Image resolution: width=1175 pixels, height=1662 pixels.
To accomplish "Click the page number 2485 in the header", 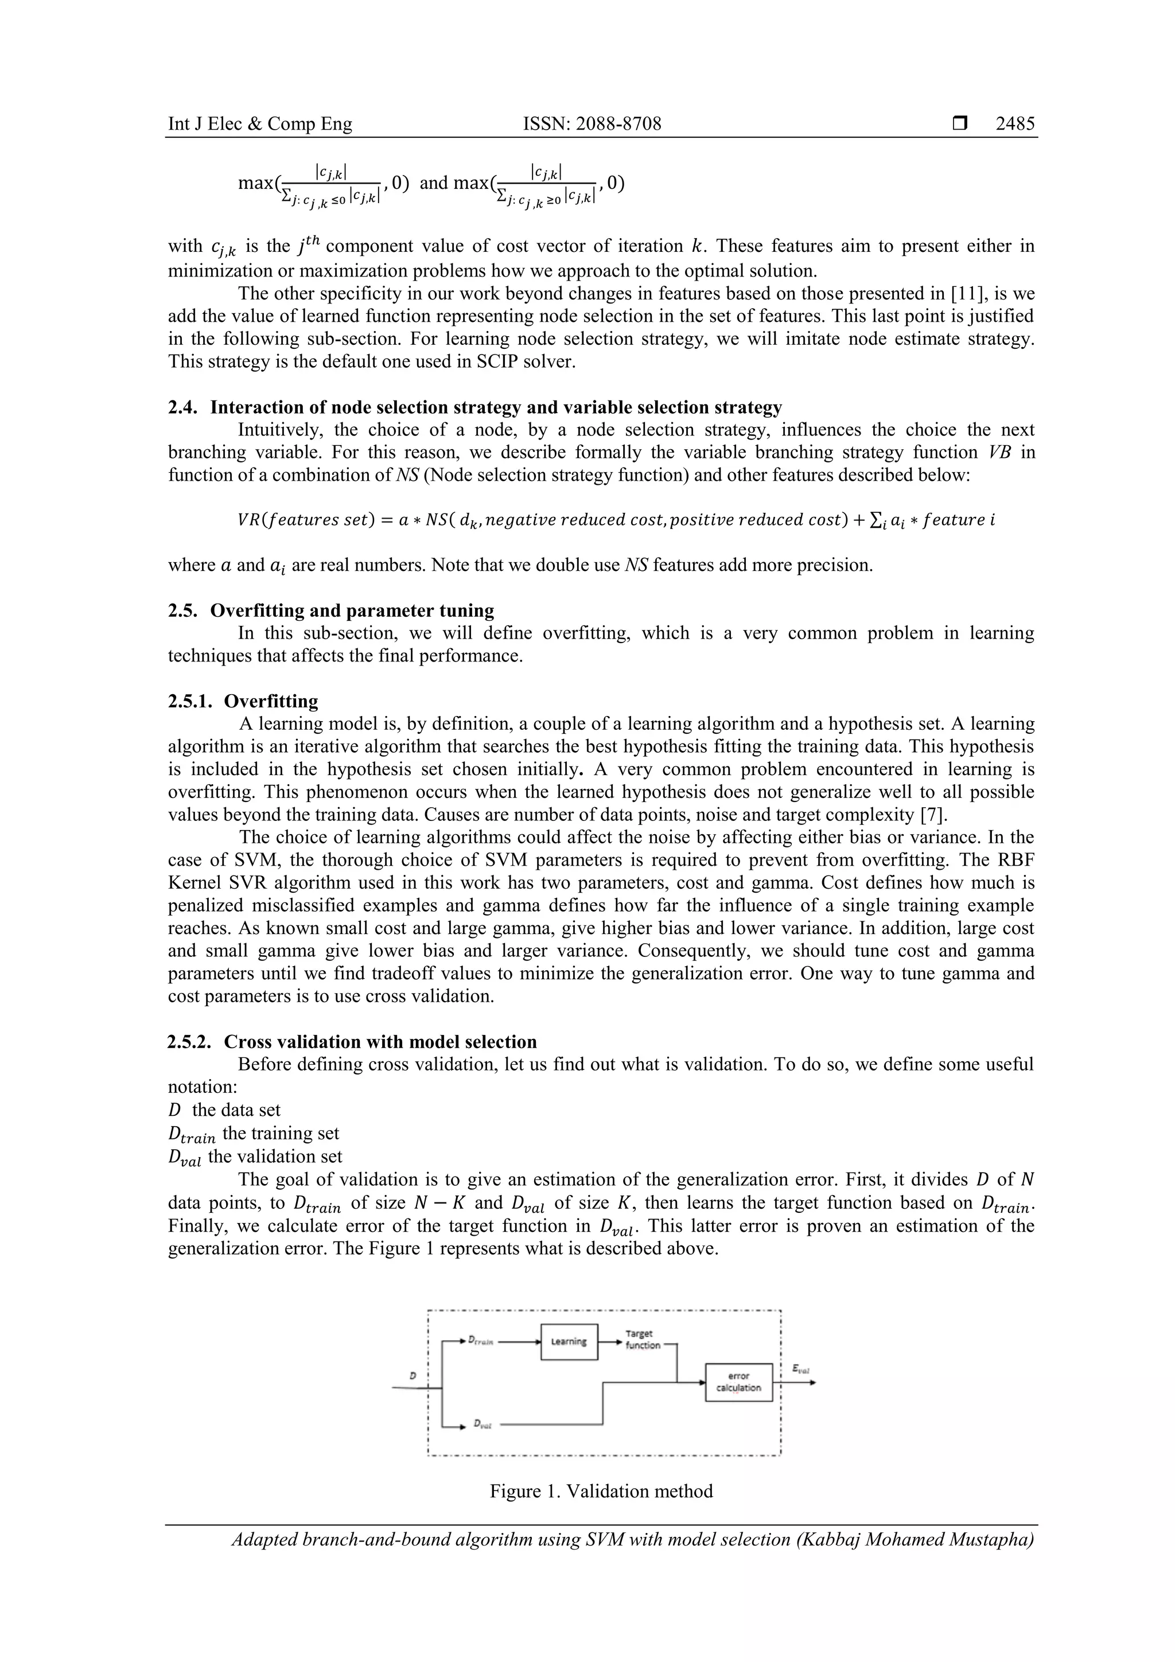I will click(x=1015, y=124).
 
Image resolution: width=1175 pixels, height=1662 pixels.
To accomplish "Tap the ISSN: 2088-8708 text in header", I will click(x=592, y=124).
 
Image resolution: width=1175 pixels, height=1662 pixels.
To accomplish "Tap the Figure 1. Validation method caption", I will click(x=601, y=1491).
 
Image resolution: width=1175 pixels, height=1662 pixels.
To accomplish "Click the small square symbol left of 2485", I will click(x=960, y=124).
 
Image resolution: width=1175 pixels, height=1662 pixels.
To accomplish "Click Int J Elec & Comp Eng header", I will click(x=260, y=124).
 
